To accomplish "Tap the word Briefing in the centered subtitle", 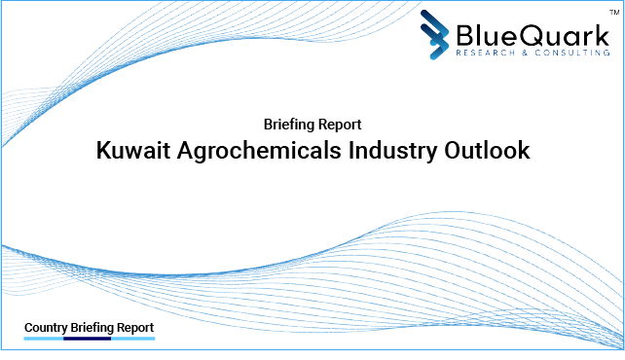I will coord(289,125).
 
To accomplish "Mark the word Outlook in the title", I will coord(490,152).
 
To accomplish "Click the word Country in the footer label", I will coord(45,328).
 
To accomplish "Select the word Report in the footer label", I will coord(133,328).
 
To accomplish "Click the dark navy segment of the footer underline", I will coord(88,340).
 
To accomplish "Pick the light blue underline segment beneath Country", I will coord(43,340).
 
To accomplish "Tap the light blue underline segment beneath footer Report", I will coord(133,340).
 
